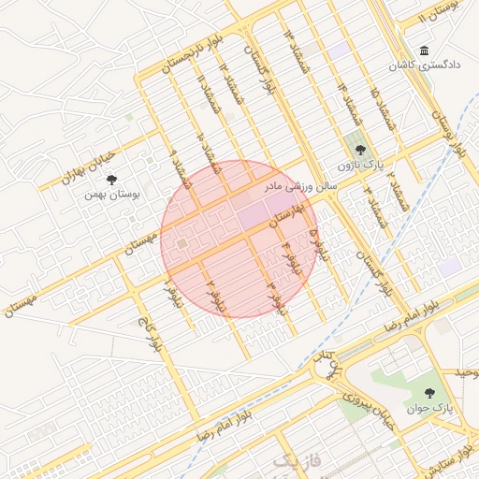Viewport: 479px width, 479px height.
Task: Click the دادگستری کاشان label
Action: [x=425, y=66]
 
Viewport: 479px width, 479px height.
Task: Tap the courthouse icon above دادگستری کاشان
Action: [x=425, y=51]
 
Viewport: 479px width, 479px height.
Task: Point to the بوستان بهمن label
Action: [x=111, y=195]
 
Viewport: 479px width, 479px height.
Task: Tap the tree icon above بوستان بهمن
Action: [x=112, y=179]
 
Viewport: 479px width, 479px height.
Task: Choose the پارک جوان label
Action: [x=429, y=409]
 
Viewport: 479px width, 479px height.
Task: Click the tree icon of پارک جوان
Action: [x=429, y=393]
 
